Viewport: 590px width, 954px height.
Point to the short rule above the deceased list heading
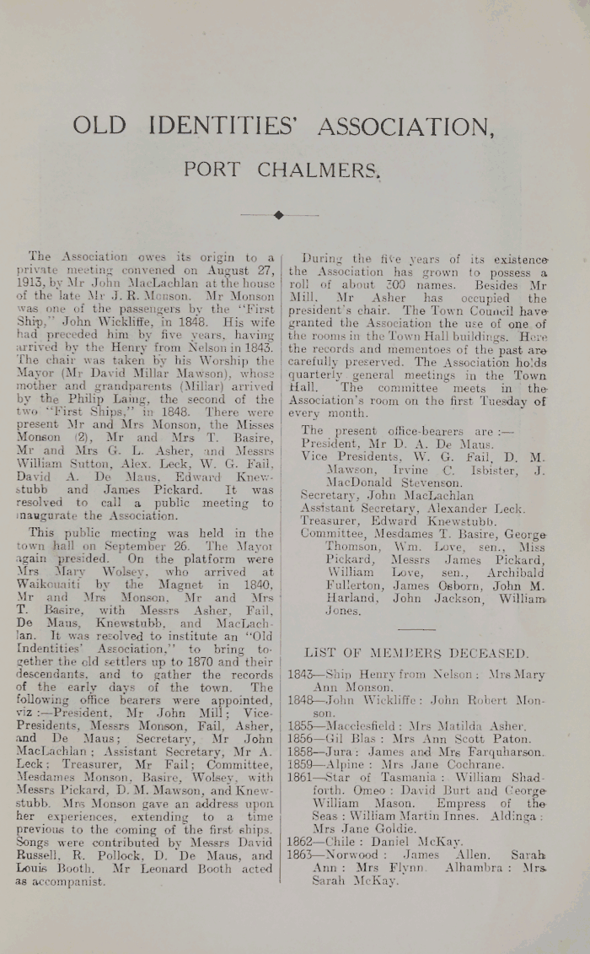point(416,628)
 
